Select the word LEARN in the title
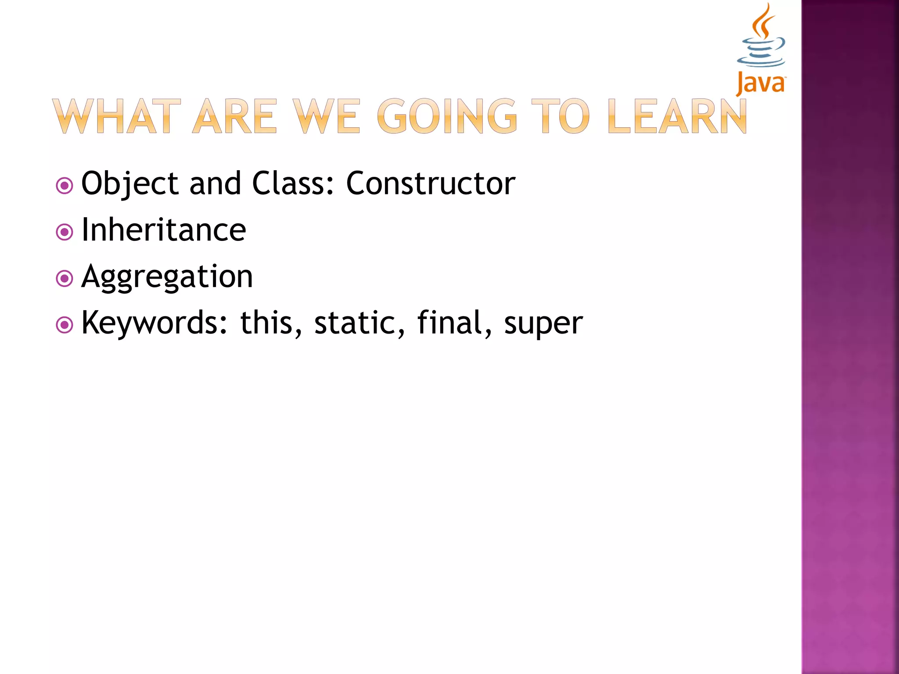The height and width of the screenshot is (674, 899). pyautogui.click(x=677, y=116)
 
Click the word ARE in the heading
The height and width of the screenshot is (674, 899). pyautogui.click(x=235, y=116)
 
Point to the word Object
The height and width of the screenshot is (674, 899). pyautogui.click(x=130, y=183)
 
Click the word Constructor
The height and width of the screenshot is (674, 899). pyautogui.click(x=431, y=183)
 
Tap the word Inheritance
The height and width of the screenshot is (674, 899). pyautogui.click(x=164, y=230)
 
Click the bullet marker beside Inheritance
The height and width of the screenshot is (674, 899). pyautogui.click(x=65, y=232)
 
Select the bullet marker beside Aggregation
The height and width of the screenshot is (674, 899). pyautogui.click(x=65, y=278)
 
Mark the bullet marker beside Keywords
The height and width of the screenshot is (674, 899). pyautogui.click(x=65, y=325)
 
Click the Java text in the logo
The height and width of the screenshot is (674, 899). pyautogui.click(x=761, y=83)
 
